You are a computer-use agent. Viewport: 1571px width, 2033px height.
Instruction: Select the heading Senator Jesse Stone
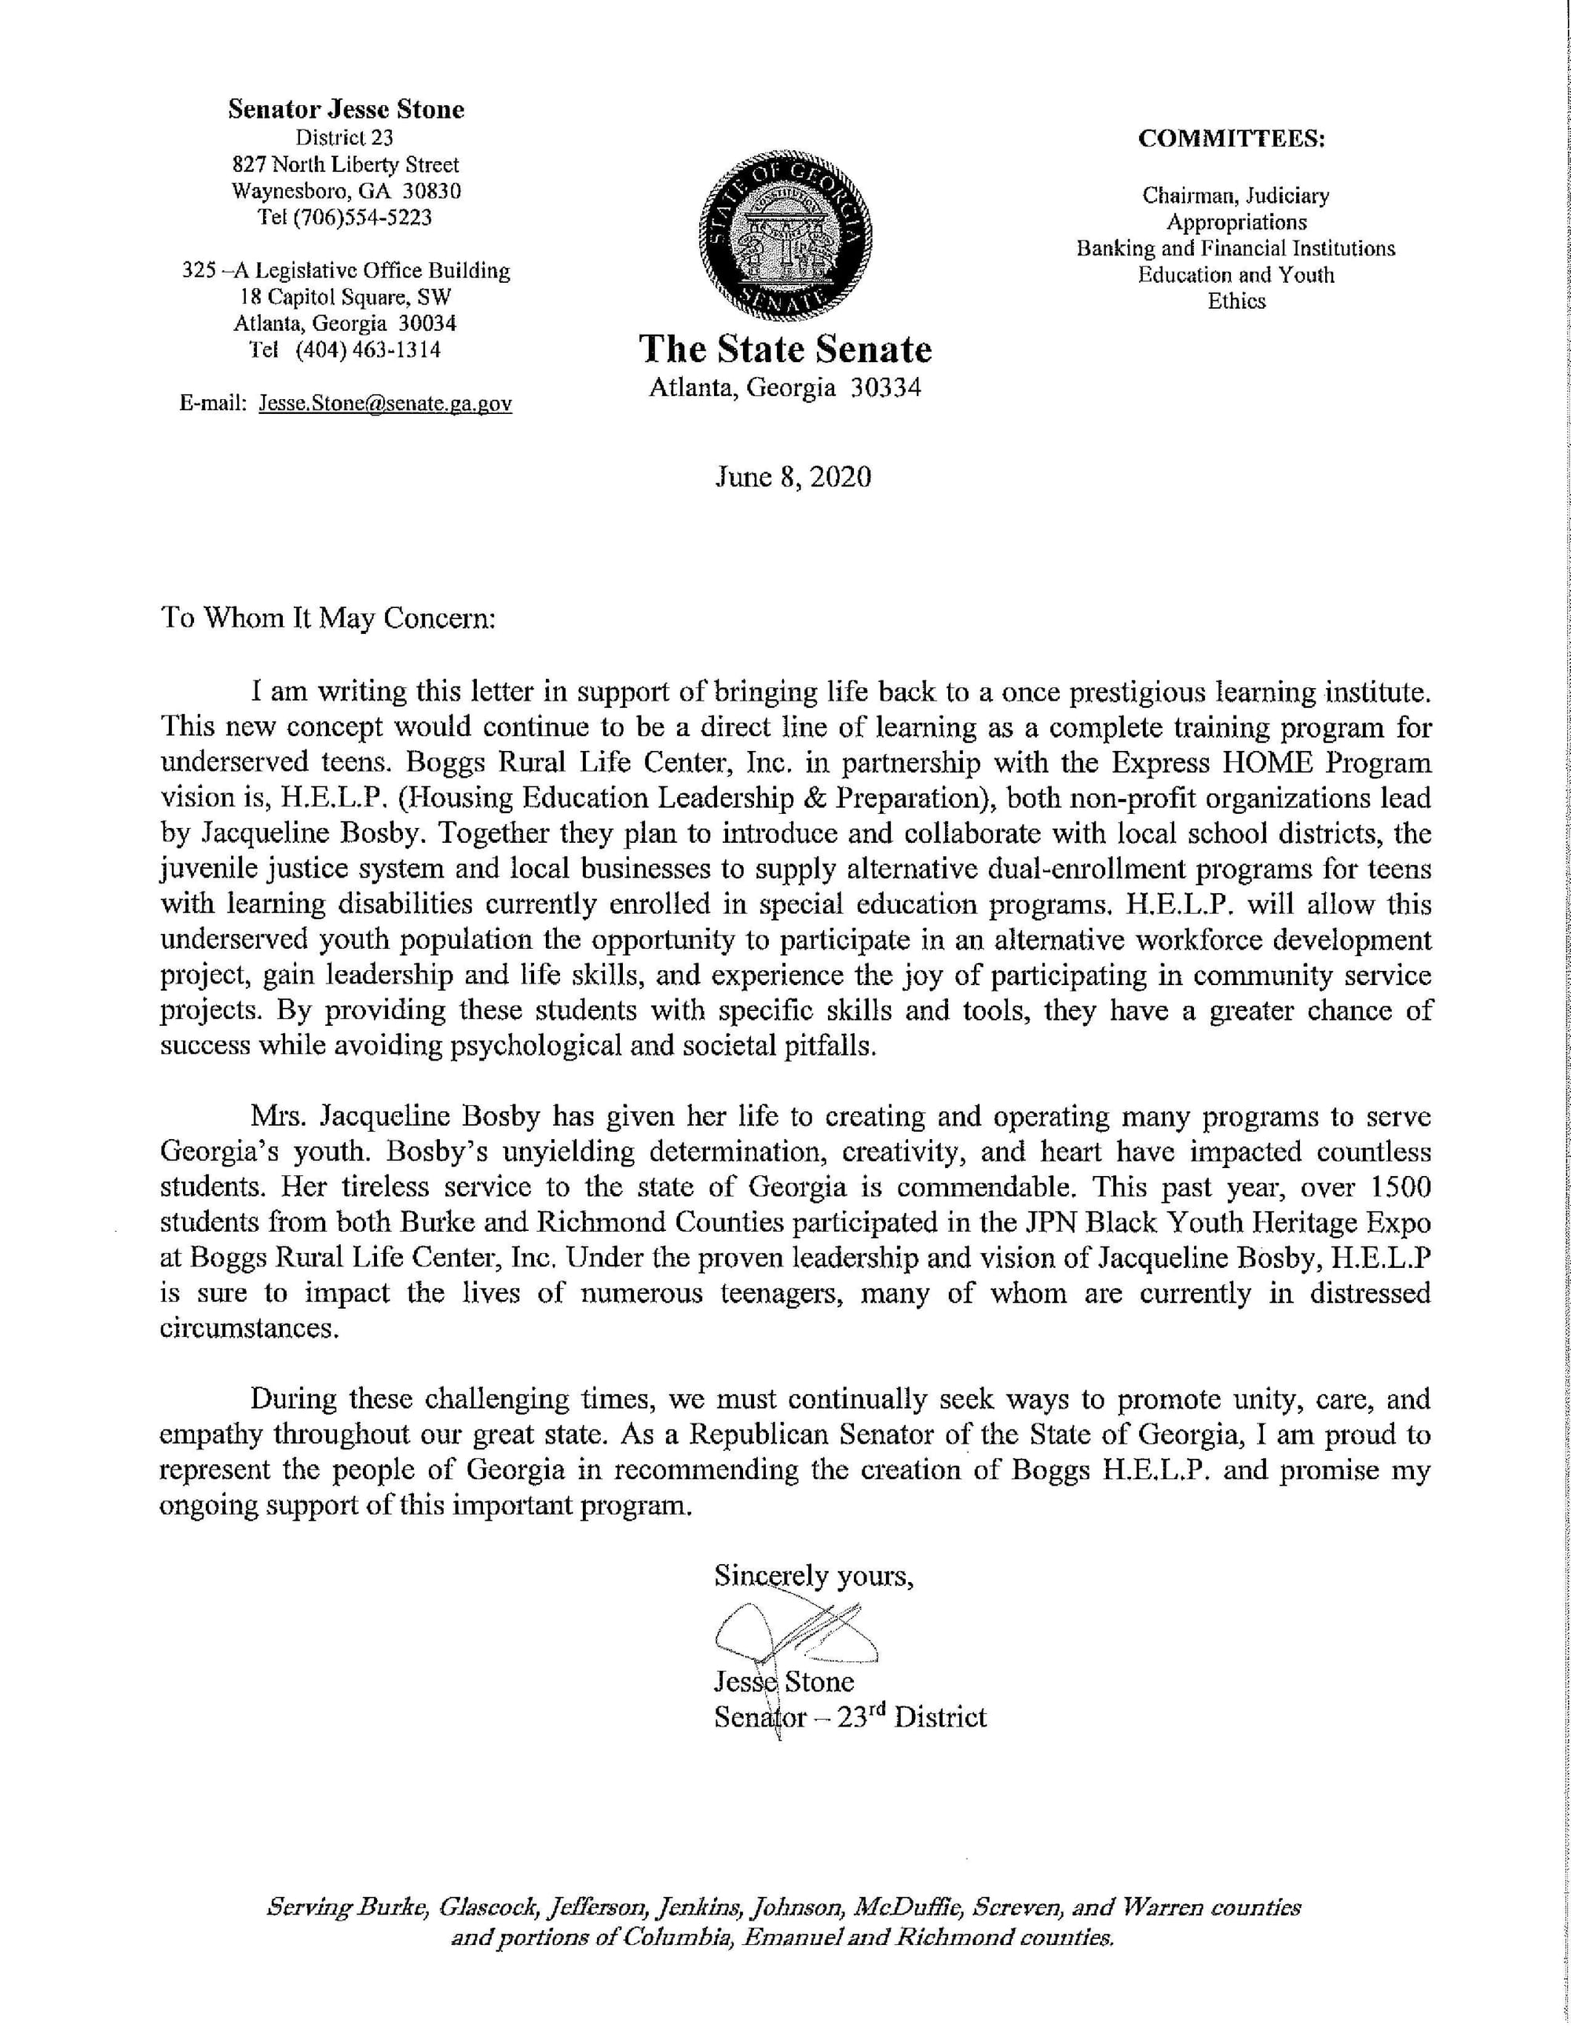(346, 110)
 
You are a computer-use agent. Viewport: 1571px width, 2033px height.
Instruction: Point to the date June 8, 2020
(793, 478)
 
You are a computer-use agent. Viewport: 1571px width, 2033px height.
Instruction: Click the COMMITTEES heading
(1232, 139)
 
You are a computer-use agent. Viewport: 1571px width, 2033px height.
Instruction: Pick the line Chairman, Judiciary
(1235, 196)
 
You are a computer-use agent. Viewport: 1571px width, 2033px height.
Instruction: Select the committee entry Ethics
(1236, 301)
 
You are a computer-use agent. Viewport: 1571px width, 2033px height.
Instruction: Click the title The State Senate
(785, 349)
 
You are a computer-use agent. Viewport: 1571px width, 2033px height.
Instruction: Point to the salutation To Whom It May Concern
(328, 618)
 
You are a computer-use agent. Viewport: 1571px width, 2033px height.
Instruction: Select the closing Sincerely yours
(814, 1576)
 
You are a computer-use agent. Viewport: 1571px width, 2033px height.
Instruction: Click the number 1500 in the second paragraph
(1400, 1188)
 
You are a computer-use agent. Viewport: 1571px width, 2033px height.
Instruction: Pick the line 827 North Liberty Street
(346, 165)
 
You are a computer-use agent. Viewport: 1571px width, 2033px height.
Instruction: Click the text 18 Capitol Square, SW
(346, 297)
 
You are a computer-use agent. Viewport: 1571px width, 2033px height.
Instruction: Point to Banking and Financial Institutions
(1235, 248)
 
